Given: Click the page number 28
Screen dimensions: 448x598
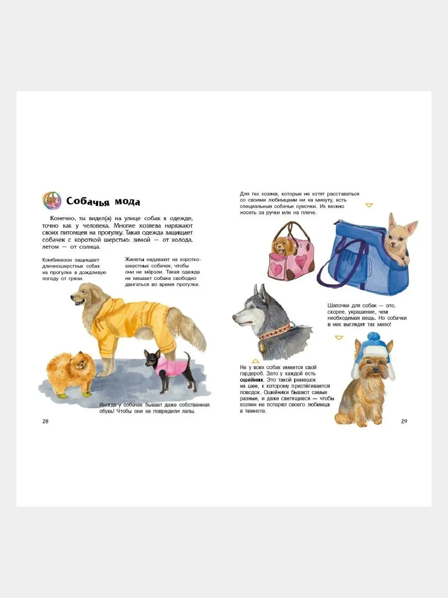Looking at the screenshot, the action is (45, 421).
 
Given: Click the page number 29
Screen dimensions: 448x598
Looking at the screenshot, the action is (404, 421).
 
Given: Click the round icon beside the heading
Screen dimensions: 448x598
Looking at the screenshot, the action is (52, 201).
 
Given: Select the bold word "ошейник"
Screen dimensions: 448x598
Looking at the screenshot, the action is (252, 380).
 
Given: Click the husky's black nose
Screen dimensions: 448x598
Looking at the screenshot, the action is (234, 317).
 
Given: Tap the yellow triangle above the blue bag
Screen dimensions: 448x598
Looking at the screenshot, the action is (369, 205).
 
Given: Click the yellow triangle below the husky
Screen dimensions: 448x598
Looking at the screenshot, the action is (256, 361).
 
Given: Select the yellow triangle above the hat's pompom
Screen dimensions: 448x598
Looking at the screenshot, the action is (339, 338).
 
